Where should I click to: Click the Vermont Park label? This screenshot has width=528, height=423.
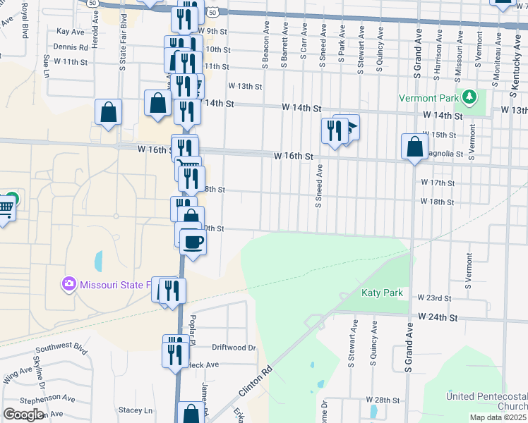[x=429, y=98]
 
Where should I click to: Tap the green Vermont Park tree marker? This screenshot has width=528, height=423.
[x=468, y=97]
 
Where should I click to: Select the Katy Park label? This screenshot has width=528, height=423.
[x=381, y=292]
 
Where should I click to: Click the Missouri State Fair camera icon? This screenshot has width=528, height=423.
[x=68, y=284]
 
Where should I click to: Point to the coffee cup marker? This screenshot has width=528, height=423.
[x=193, y=243]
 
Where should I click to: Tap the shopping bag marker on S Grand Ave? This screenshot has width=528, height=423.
[x=414, y=147]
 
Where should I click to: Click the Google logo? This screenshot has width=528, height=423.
[x=23, y=414]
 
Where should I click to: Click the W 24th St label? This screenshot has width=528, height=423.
[x=438, y=318]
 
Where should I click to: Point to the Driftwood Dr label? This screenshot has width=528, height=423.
[x=233, y=348]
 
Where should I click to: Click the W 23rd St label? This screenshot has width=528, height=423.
[x=433, y=298]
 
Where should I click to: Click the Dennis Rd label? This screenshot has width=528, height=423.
[x=70, y=47]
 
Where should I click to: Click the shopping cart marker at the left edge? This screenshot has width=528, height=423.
[x=6, y=209]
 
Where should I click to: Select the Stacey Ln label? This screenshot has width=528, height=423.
[x=136, y=410]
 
